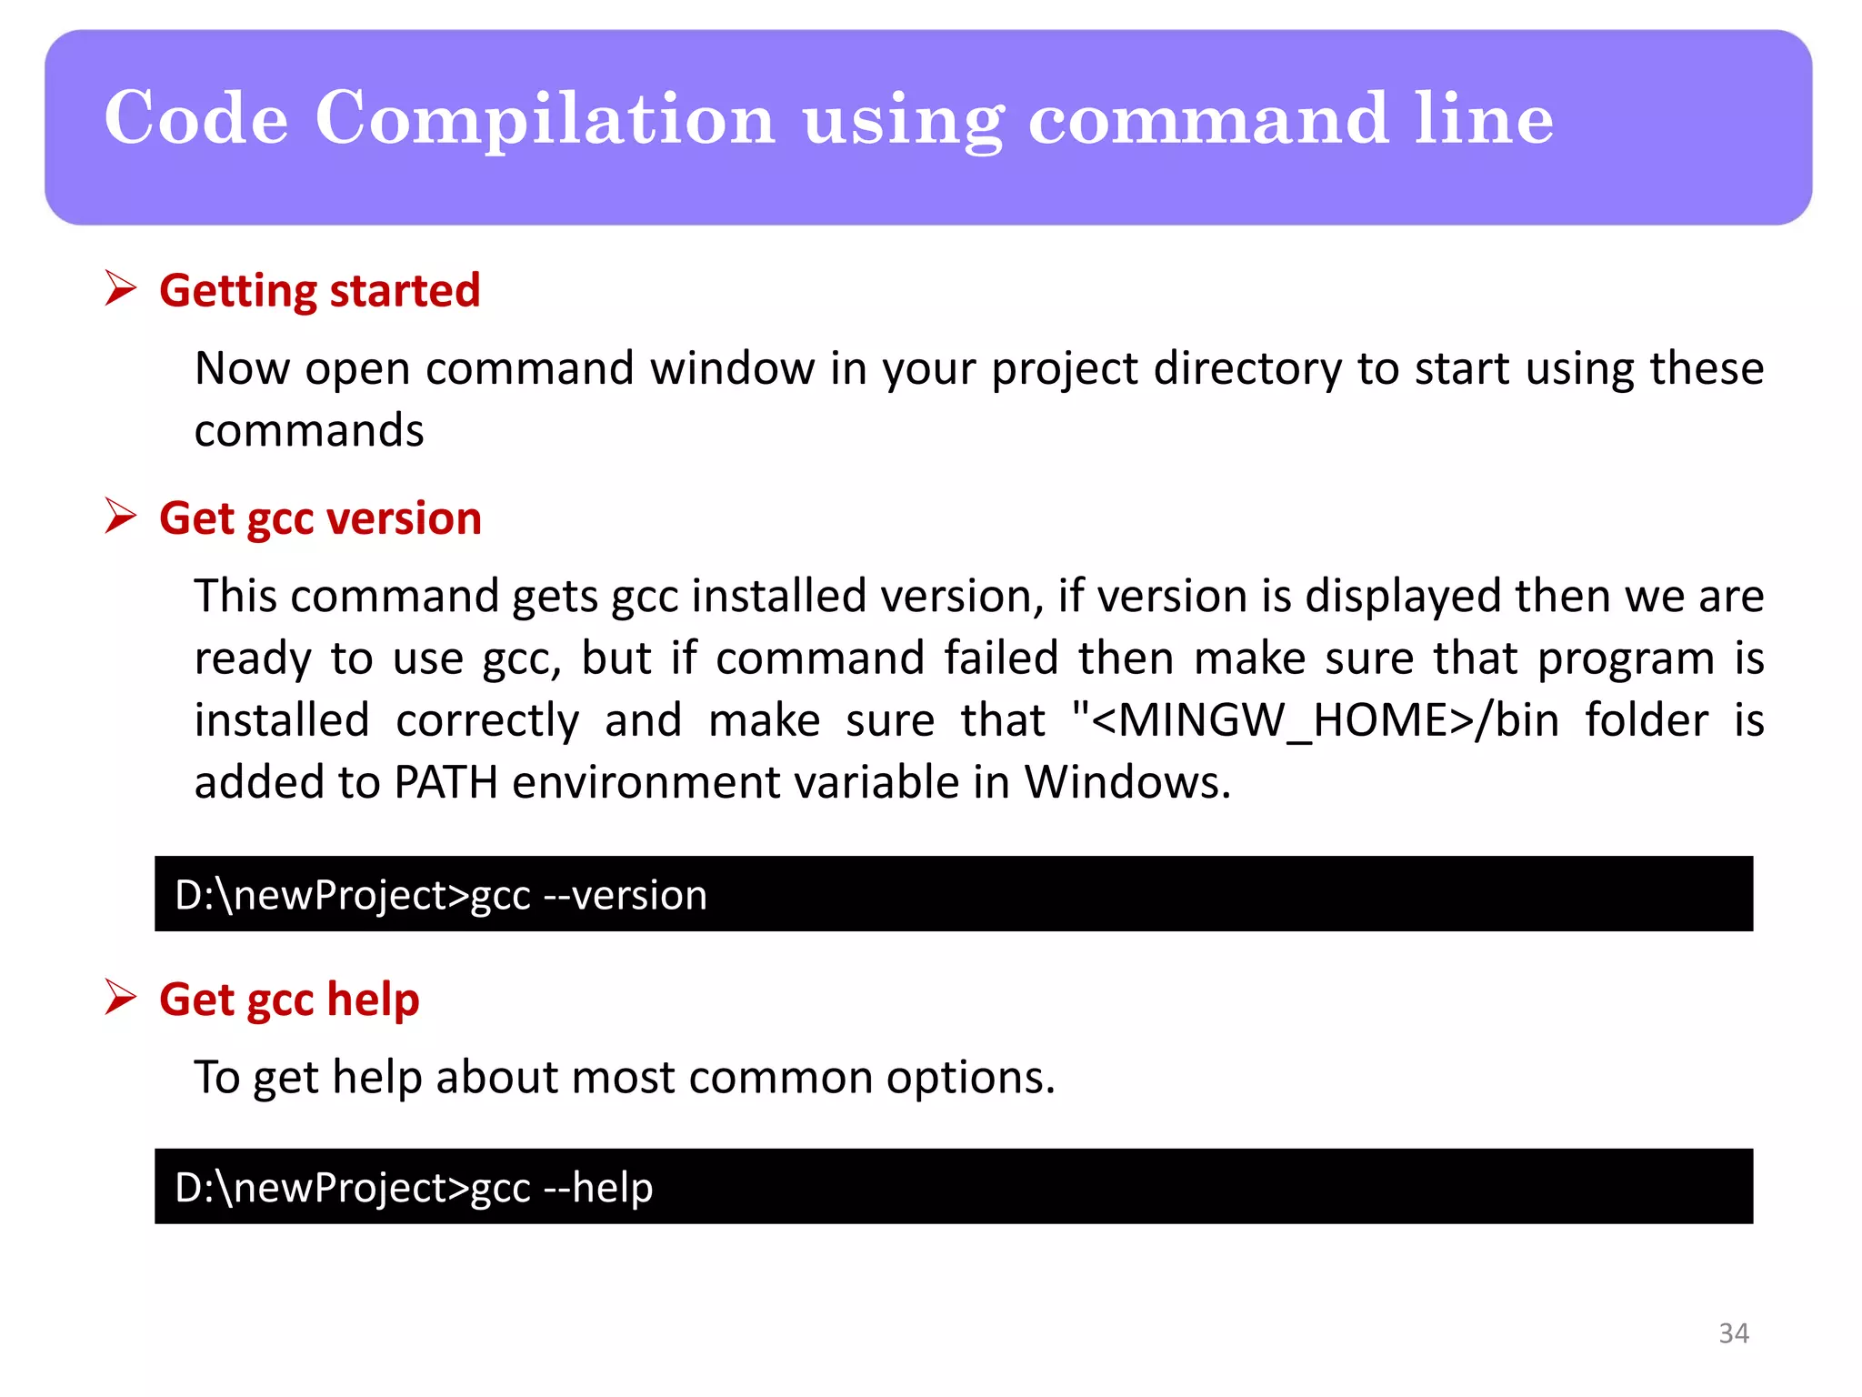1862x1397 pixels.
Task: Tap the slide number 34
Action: (1733, 1333)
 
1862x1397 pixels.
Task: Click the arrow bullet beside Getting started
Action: (120, 288)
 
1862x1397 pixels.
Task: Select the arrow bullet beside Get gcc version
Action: (120, 516)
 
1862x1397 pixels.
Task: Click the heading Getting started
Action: (319, 291)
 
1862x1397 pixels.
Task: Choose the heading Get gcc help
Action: (289, 1000)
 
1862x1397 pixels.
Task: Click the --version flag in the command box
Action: (625, 895)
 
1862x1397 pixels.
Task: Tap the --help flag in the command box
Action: (597, 1188)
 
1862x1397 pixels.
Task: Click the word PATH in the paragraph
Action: (445, 782)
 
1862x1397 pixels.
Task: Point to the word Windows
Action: (1126, 782)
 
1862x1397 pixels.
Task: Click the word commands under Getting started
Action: (309, 430)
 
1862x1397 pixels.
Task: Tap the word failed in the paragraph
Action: (1001, 658)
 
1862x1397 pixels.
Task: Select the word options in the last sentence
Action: (970, 1078)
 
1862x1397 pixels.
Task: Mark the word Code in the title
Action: (196, 119)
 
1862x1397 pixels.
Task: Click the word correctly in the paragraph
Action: (487, 720)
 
